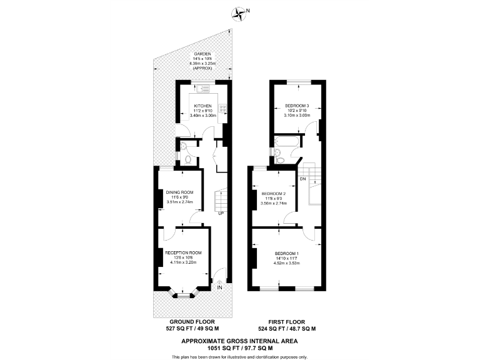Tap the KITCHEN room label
pos(203,106)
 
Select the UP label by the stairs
pos(221,214)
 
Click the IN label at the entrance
pos(219,288)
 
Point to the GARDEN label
pos(202,54)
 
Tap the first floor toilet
pos(280,161)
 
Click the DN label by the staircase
pos(302,179)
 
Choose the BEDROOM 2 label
pos(274,193)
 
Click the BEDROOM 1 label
pos(287,252)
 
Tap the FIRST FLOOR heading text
pos(287,322)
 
